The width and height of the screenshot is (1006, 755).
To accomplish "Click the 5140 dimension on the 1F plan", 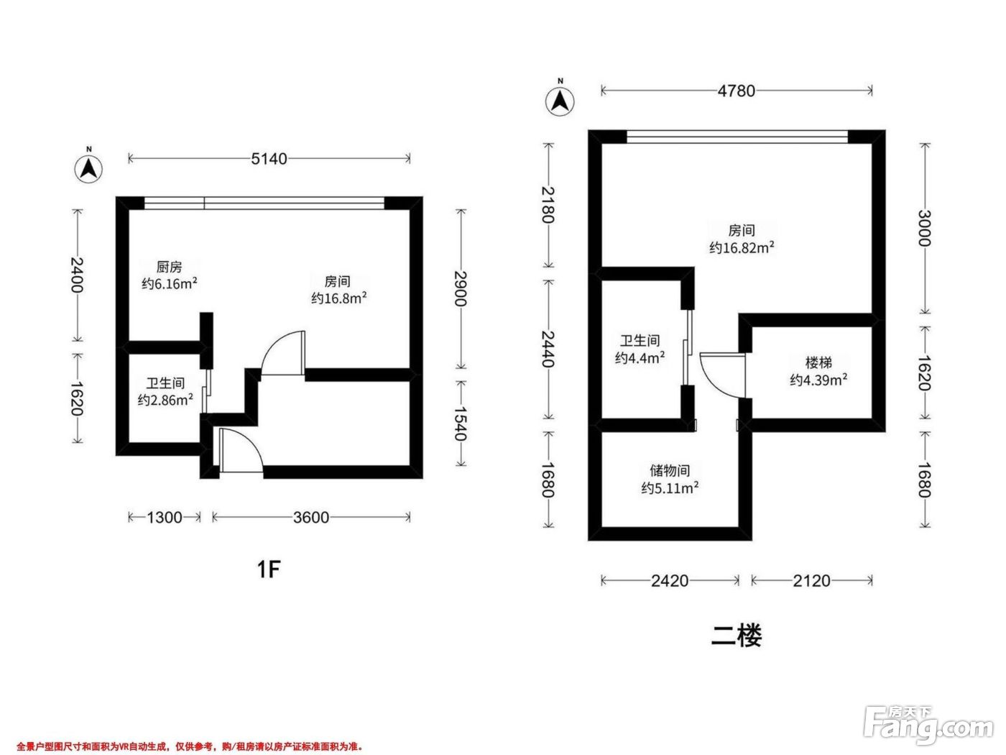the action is click(x=269, y=159).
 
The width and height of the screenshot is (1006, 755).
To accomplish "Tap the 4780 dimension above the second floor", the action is click(x=736, y=91).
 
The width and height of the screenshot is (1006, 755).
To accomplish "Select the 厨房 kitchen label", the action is click(x=169, y=267).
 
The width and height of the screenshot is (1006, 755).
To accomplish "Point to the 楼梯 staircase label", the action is click(x=818, y=363).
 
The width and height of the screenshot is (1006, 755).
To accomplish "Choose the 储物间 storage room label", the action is click(x=670, y=470).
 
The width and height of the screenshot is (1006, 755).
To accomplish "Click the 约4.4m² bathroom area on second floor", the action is click(x=640, y=357).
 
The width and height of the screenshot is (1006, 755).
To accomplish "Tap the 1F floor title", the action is click(x=269, y=569).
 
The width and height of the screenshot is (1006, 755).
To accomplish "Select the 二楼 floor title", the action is click(x=737, y=636).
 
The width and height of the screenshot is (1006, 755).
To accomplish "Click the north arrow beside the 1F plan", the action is click(x=88, y=168).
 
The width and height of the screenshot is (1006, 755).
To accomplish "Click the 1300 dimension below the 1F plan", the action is click(x=165, y=518).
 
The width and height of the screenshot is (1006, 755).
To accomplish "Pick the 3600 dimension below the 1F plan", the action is click(x=311, y=518).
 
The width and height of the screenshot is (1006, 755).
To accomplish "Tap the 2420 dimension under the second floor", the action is click(x=670, y=581).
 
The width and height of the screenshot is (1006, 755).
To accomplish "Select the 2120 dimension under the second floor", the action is click(x=812, y=581).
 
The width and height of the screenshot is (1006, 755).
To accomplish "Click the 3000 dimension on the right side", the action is click(x=925, y=228).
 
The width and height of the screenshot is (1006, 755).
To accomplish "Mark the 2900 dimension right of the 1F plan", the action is click(x=461, y=289).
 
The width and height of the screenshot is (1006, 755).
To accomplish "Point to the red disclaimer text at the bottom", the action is click(x=190, y=747).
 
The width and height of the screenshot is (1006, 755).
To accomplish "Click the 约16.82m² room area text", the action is click(x=742, y=247).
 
